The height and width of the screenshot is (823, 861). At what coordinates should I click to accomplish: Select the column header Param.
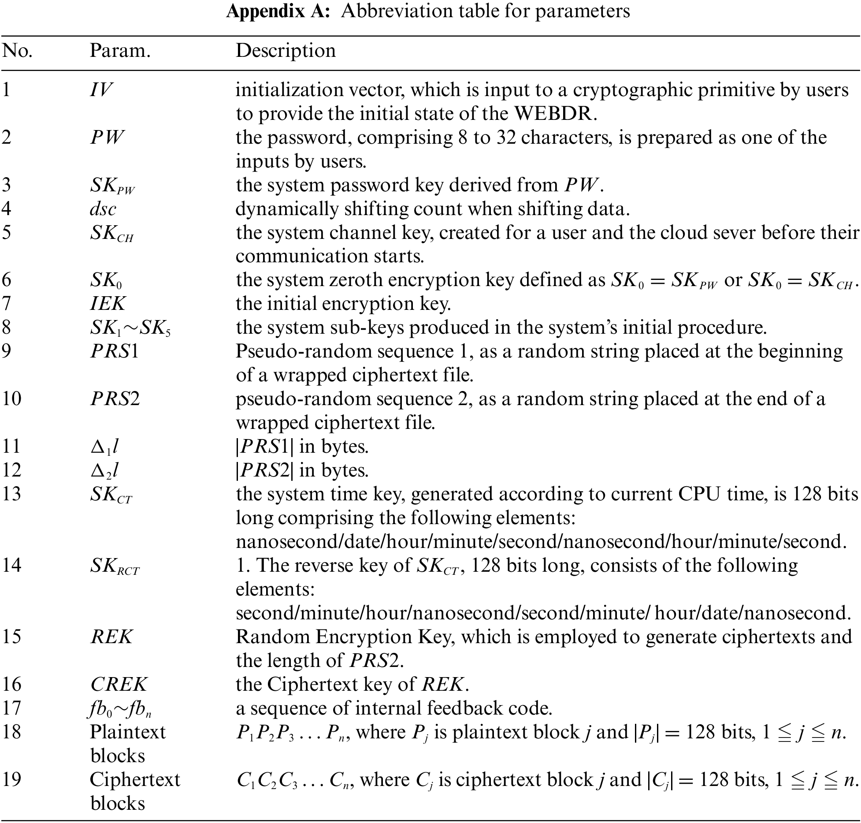pyautogui.click(x=120, y=51)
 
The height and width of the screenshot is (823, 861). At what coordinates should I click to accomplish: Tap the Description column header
pyautogui.click(x=286, y=51)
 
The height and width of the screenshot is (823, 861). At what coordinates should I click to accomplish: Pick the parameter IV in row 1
pyautogui.click(x=101, y=90)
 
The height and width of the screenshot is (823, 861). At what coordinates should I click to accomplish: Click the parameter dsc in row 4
pyautogui.click(x=103, y=209)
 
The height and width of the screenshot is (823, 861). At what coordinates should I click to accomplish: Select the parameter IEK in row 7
pyautogui.click(x=108, y=304)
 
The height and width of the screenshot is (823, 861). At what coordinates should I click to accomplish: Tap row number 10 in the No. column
pyautogui.click(x=11, y=399)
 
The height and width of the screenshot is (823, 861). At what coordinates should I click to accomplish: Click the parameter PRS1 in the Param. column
pyautogui.click(x=115, y=351)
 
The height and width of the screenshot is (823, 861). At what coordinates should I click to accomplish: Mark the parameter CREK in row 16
pyautogui.click(x=119, y=685)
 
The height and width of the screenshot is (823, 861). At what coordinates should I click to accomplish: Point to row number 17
pyautogui.click(x=11, y=708)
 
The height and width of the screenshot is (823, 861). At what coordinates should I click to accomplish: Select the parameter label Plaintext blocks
pyautogui.click(x=127, y=744)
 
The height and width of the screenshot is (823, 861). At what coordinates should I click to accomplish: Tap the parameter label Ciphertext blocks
pyautogui.click(x=134, y=791)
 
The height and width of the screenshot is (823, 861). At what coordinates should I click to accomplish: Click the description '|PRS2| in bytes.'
pyautogui.click(x=302, y=470)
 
